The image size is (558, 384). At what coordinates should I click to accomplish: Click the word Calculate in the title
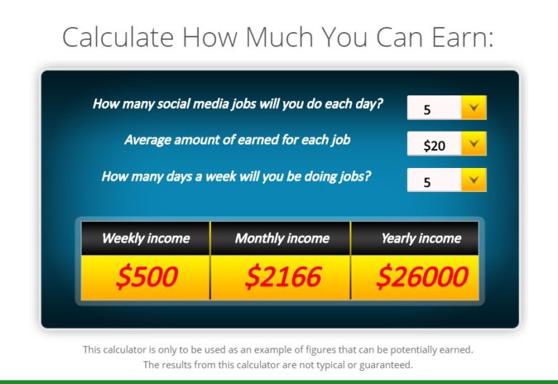click(x=118, y=36)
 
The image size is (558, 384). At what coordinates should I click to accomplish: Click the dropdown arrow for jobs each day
click(x=474, y=108)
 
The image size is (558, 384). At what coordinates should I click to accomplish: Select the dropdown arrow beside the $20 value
click(x=474, y=144)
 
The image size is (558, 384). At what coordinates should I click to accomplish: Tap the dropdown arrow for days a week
click(x=474, y=180)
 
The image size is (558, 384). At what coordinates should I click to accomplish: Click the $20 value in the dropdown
click(x=434, y=145)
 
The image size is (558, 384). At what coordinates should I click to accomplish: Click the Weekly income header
click(x=145, y=238)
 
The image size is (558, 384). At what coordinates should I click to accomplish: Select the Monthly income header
click(x=282, y=238)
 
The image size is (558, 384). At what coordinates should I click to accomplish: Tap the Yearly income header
click(x=421, y=238)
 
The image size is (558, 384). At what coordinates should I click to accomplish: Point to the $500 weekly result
click(x=146, y=276)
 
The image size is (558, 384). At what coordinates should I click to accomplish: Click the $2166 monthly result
click(x=282, y=276)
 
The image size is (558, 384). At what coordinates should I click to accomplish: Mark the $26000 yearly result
click(x=422, y=276)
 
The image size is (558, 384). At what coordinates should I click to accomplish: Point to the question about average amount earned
click(x=237, y=139)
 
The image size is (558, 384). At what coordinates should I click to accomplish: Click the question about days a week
click(x=236, y=175)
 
